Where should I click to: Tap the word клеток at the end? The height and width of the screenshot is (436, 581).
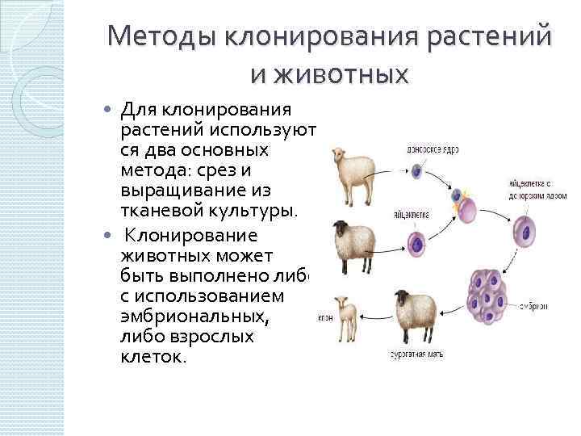pyautogui.click(x=153, y=355)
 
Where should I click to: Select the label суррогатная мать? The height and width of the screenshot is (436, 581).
pyautogui.click(x=416, y=354)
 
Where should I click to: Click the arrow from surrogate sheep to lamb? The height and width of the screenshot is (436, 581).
pyautogui.click(x=374, y=312)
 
